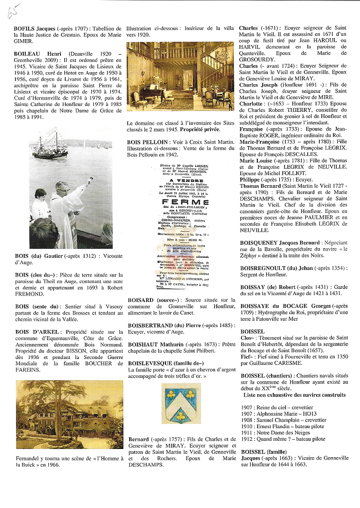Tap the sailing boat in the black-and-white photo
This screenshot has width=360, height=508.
[50, 146]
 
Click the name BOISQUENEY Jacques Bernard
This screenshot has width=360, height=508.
[280, 242]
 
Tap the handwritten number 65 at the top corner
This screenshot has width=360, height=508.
[12, 11]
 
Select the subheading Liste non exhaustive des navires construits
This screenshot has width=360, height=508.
[294, 395]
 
